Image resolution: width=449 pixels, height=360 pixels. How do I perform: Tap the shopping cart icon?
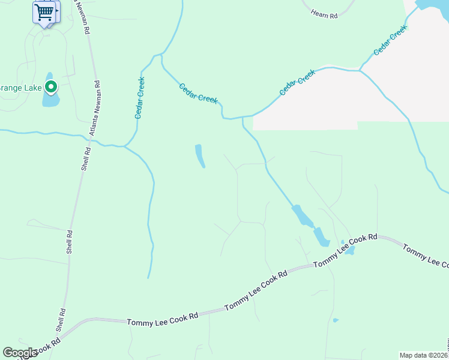(43, 12)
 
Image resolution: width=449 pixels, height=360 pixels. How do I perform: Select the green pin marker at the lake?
(51, 88)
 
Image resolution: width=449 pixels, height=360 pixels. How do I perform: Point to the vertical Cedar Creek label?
(140, 97)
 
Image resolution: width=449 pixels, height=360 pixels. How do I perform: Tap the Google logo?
(20, 353)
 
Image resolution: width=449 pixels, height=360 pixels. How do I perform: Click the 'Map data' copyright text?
(424, 355)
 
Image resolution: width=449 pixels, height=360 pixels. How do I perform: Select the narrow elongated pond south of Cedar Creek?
(200, 156)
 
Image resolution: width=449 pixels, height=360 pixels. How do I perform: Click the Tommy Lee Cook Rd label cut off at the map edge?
(425, 256)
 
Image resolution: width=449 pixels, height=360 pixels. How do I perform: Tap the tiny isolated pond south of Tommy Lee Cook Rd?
(336, 320)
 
